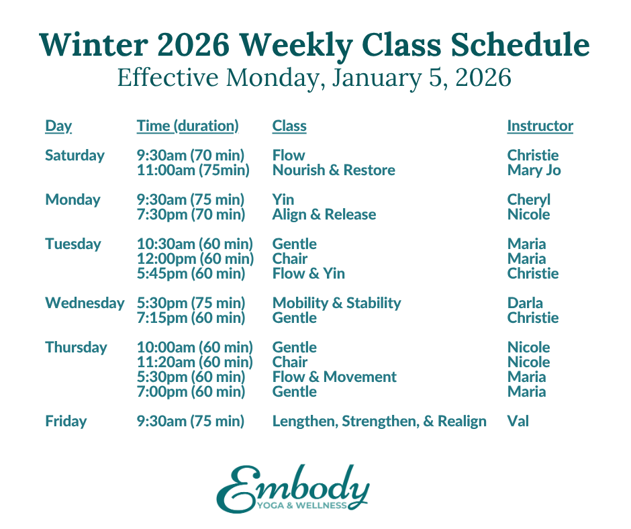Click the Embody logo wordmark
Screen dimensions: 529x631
point(292,489)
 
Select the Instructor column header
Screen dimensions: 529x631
point(540,126)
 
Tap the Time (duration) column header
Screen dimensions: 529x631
point(187,126)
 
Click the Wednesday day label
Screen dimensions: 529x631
point(85,303)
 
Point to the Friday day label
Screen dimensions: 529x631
point(66,422)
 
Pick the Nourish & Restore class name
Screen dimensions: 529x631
point(334,170)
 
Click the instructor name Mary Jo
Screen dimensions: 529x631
point(534,170)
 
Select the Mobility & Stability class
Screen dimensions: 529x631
point(336,303)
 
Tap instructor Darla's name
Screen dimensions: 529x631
point(525,303)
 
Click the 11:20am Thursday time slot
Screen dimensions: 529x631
point(195,362)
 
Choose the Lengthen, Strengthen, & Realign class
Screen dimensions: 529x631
point(379,422)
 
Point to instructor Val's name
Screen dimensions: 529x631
point(518,422)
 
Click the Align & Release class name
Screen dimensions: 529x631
point(324,214)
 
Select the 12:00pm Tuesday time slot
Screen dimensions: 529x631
point(195,258)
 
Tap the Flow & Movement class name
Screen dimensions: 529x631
point(334,377)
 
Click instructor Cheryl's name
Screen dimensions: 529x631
point(528,199)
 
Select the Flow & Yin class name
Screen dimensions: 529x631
point(308,273)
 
